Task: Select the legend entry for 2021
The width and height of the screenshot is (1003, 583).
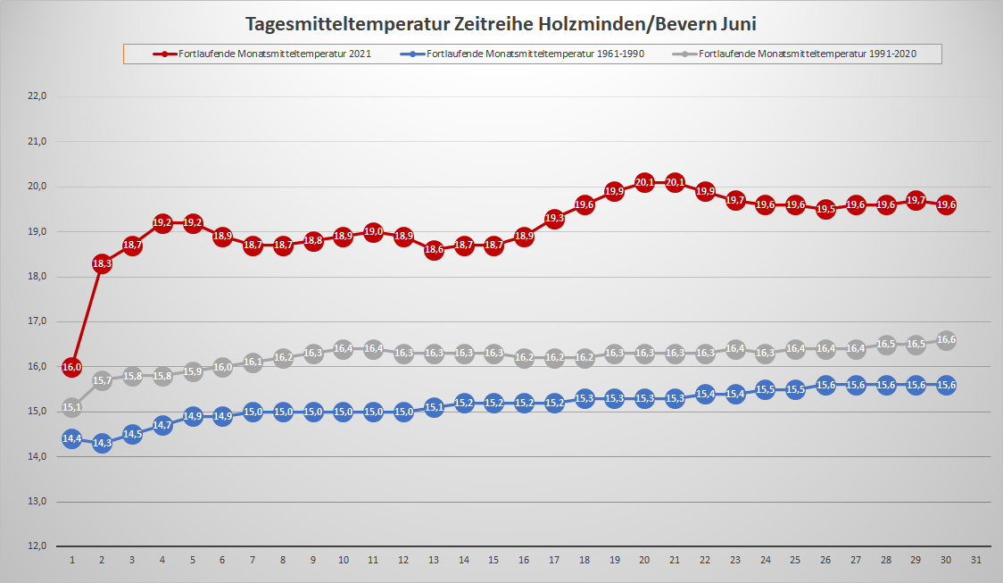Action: [262, 54]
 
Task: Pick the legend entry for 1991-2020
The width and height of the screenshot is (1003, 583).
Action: [808, 54]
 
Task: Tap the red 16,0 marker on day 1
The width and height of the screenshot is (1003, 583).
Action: [72, 367]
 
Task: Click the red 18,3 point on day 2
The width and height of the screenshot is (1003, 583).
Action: [102, 263]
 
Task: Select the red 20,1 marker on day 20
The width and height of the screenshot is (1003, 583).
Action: [644, 182]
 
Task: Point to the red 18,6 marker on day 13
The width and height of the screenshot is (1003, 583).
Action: [434, 250]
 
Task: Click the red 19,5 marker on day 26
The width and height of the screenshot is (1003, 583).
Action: [825, 209]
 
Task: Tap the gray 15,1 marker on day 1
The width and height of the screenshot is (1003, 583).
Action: [72, 407]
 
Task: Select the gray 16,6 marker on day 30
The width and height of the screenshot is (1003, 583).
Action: [946, 340]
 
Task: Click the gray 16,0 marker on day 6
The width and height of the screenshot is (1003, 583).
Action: [222, 367]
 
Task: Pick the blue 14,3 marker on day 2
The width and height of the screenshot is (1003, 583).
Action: [102, 443]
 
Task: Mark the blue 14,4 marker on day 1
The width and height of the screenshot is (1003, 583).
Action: [72, 438]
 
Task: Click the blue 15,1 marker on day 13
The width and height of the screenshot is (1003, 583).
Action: [434, 407]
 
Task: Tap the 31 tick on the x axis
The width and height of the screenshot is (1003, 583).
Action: [976, 560]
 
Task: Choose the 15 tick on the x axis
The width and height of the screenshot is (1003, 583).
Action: [493, 560]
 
